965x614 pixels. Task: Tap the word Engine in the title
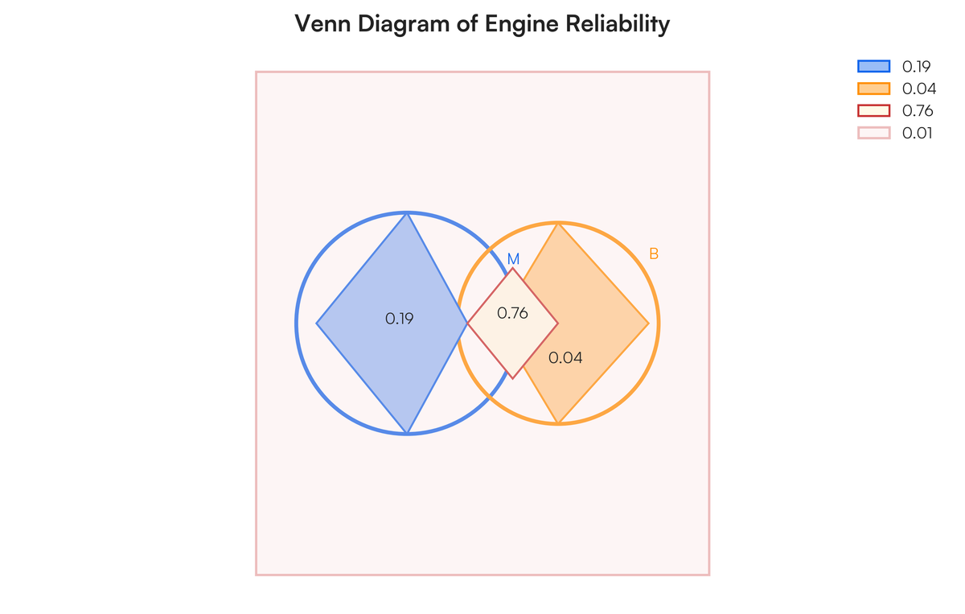[x=523, y=24]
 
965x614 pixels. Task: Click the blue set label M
[x=513, y=260]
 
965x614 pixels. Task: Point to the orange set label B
[x=654, y=254]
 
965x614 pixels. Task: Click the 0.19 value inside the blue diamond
[x=400, y=319]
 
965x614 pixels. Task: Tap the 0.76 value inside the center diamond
[x=512, y=314]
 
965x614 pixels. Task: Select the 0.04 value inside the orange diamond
[x=565, y=358]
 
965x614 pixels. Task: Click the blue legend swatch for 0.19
[x=874, y=67]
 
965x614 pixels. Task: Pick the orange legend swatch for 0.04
[x=874, y=89]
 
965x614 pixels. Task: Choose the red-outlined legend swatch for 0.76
[x=874, y=111]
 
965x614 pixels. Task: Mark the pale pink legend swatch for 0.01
[x=874, y=134]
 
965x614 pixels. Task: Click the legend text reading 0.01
[x=918, y=134]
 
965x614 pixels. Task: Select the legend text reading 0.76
[x=918, y=111]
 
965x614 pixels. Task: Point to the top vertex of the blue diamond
[x=408, y=212]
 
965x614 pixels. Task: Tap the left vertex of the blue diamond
[x=316, y=323]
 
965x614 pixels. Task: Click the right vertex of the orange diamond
[x=649, y=323]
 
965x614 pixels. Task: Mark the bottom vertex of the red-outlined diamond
[x=512, y=378]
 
